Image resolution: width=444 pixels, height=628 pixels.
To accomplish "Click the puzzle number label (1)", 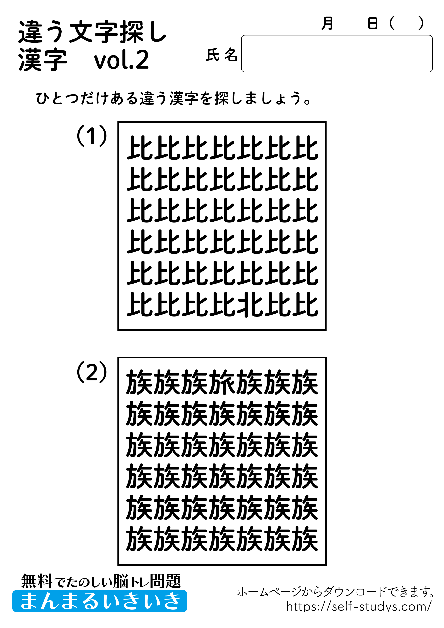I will point(92,136).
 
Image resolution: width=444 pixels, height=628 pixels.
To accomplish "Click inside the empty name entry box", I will point(336,54).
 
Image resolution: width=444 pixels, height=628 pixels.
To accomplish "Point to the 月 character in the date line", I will point(327,23).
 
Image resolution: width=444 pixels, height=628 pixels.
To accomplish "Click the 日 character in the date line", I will point(373,23).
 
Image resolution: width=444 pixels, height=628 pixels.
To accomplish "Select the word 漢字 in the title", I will point(43,60).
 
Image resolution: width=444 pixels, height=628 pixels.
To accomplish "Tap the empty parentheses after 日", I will point(406,23).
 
